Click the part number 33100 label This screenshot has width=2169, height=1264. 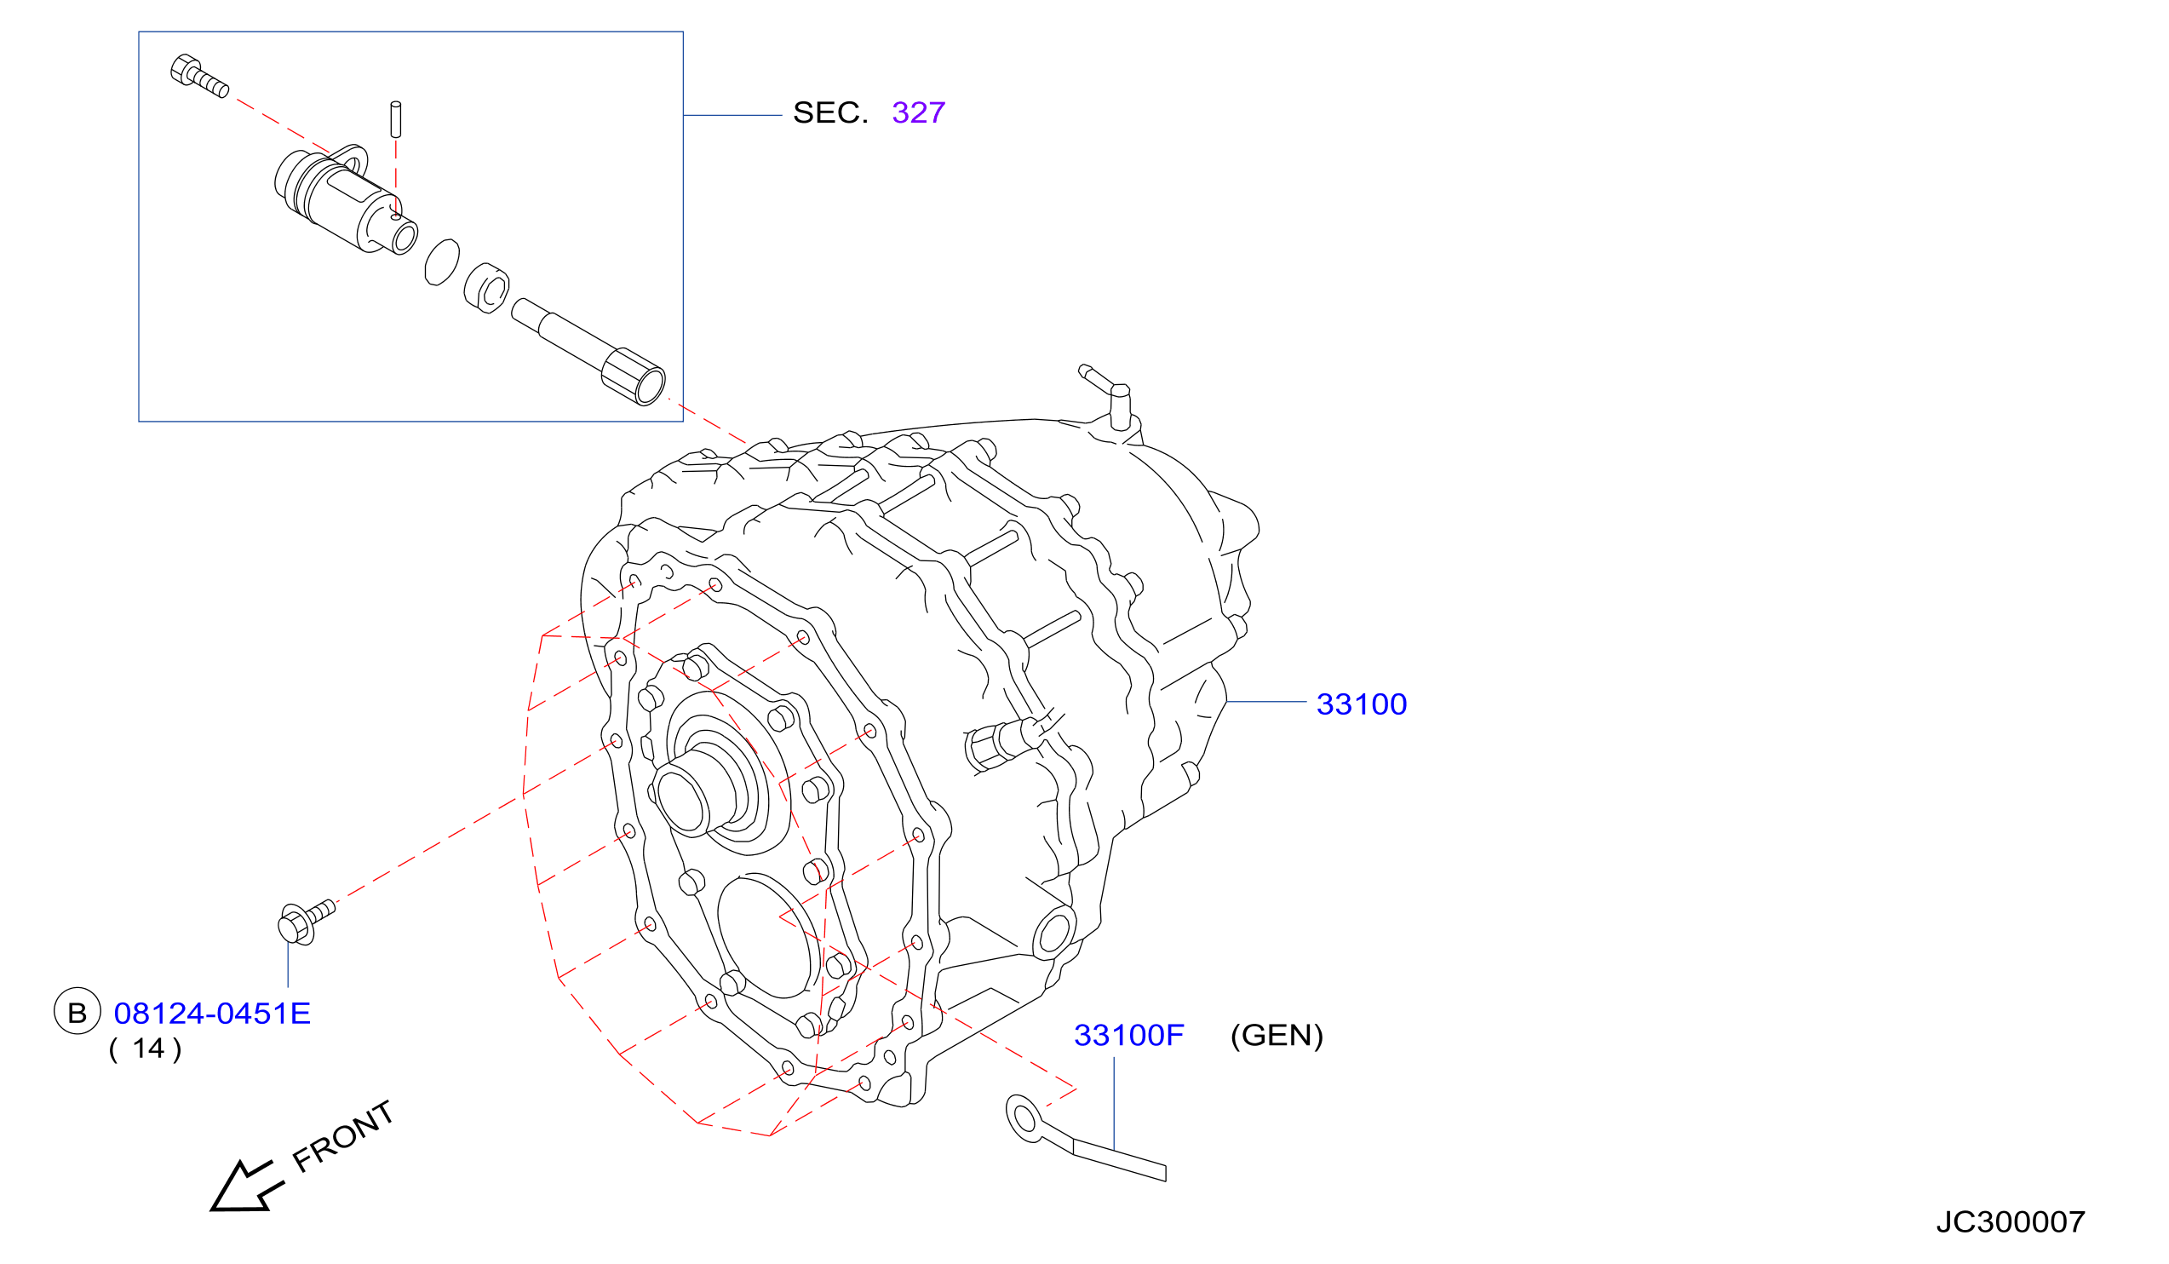click(1361, 704)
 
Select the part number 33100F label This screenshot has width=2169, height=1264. click(1128, 1035)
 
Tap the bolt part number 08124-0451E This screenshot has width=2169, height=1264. click(212, 1014)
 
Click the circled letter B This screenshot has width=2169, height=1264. click(77, 1012)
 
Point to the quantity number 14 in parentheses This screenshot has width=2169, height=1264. click(148, 1049)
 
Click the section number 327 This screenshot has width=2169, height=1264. click(918, 112)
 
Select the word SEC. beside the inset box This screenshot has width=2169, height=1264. click(829, 112)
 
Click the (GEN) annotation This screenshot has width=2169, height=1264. click(1277, 1035)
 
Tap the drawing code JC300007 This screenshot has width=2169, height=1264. click(2010, 1221)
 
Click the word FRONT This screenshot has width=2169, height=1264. click(343, 1136)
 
